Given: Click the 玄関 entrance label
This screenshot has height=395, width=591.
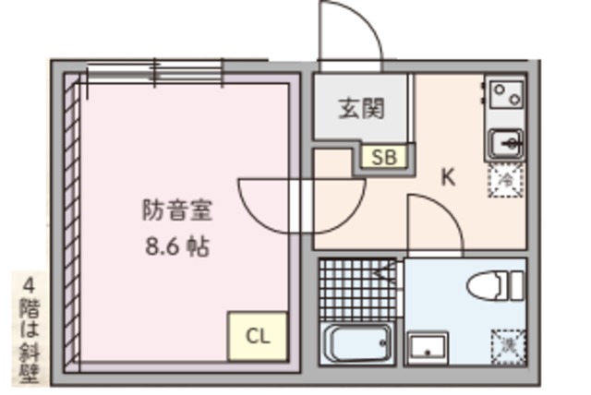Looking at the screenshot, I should [x=360, y=108].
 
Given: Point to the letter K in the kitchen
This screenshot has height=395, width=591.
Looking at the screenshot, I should [x=447, y=177].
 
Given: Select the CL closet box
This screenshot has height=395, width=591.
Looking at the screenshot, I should [x=258, y=336].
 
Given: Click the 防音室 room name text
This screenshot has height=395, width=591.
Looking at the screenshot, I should [x=177, y=210].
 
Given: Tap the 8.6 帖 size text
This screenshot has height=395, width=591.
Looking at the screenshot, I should [x=176, y=246].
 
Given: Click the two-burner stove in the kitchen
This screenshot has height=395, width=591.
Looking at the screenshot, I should [x=505, y=94].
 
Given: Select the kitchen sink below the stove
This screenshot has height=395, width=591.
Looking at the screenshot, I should [x=504, y=144].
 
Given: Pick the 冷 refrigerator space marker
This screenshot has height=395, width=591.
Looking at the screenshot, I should [x=505, y=179].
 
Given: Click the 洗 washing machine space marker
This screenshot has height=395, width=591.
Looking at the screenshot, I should [x=507, y=346].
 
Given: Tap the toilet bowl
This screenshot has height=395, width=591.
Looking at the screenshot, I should [x=488, y=285].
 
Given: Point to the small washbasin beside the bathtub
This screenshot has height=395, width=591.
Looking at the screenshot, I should [x=428, y=347].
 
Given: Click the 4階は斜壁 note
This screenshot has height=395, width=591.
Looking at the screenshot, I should [x=30, y=329].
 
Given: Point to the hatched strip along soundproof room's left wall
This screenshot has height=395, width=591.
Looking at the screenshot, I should [x=72, y=221].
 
